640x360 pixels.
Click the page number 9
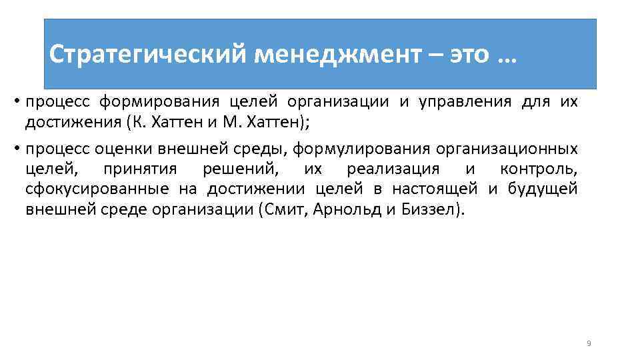589,343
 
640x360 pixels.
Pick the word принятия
139,169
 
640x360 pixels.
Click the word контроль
538,169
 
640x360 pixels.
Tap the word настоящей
435,189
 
